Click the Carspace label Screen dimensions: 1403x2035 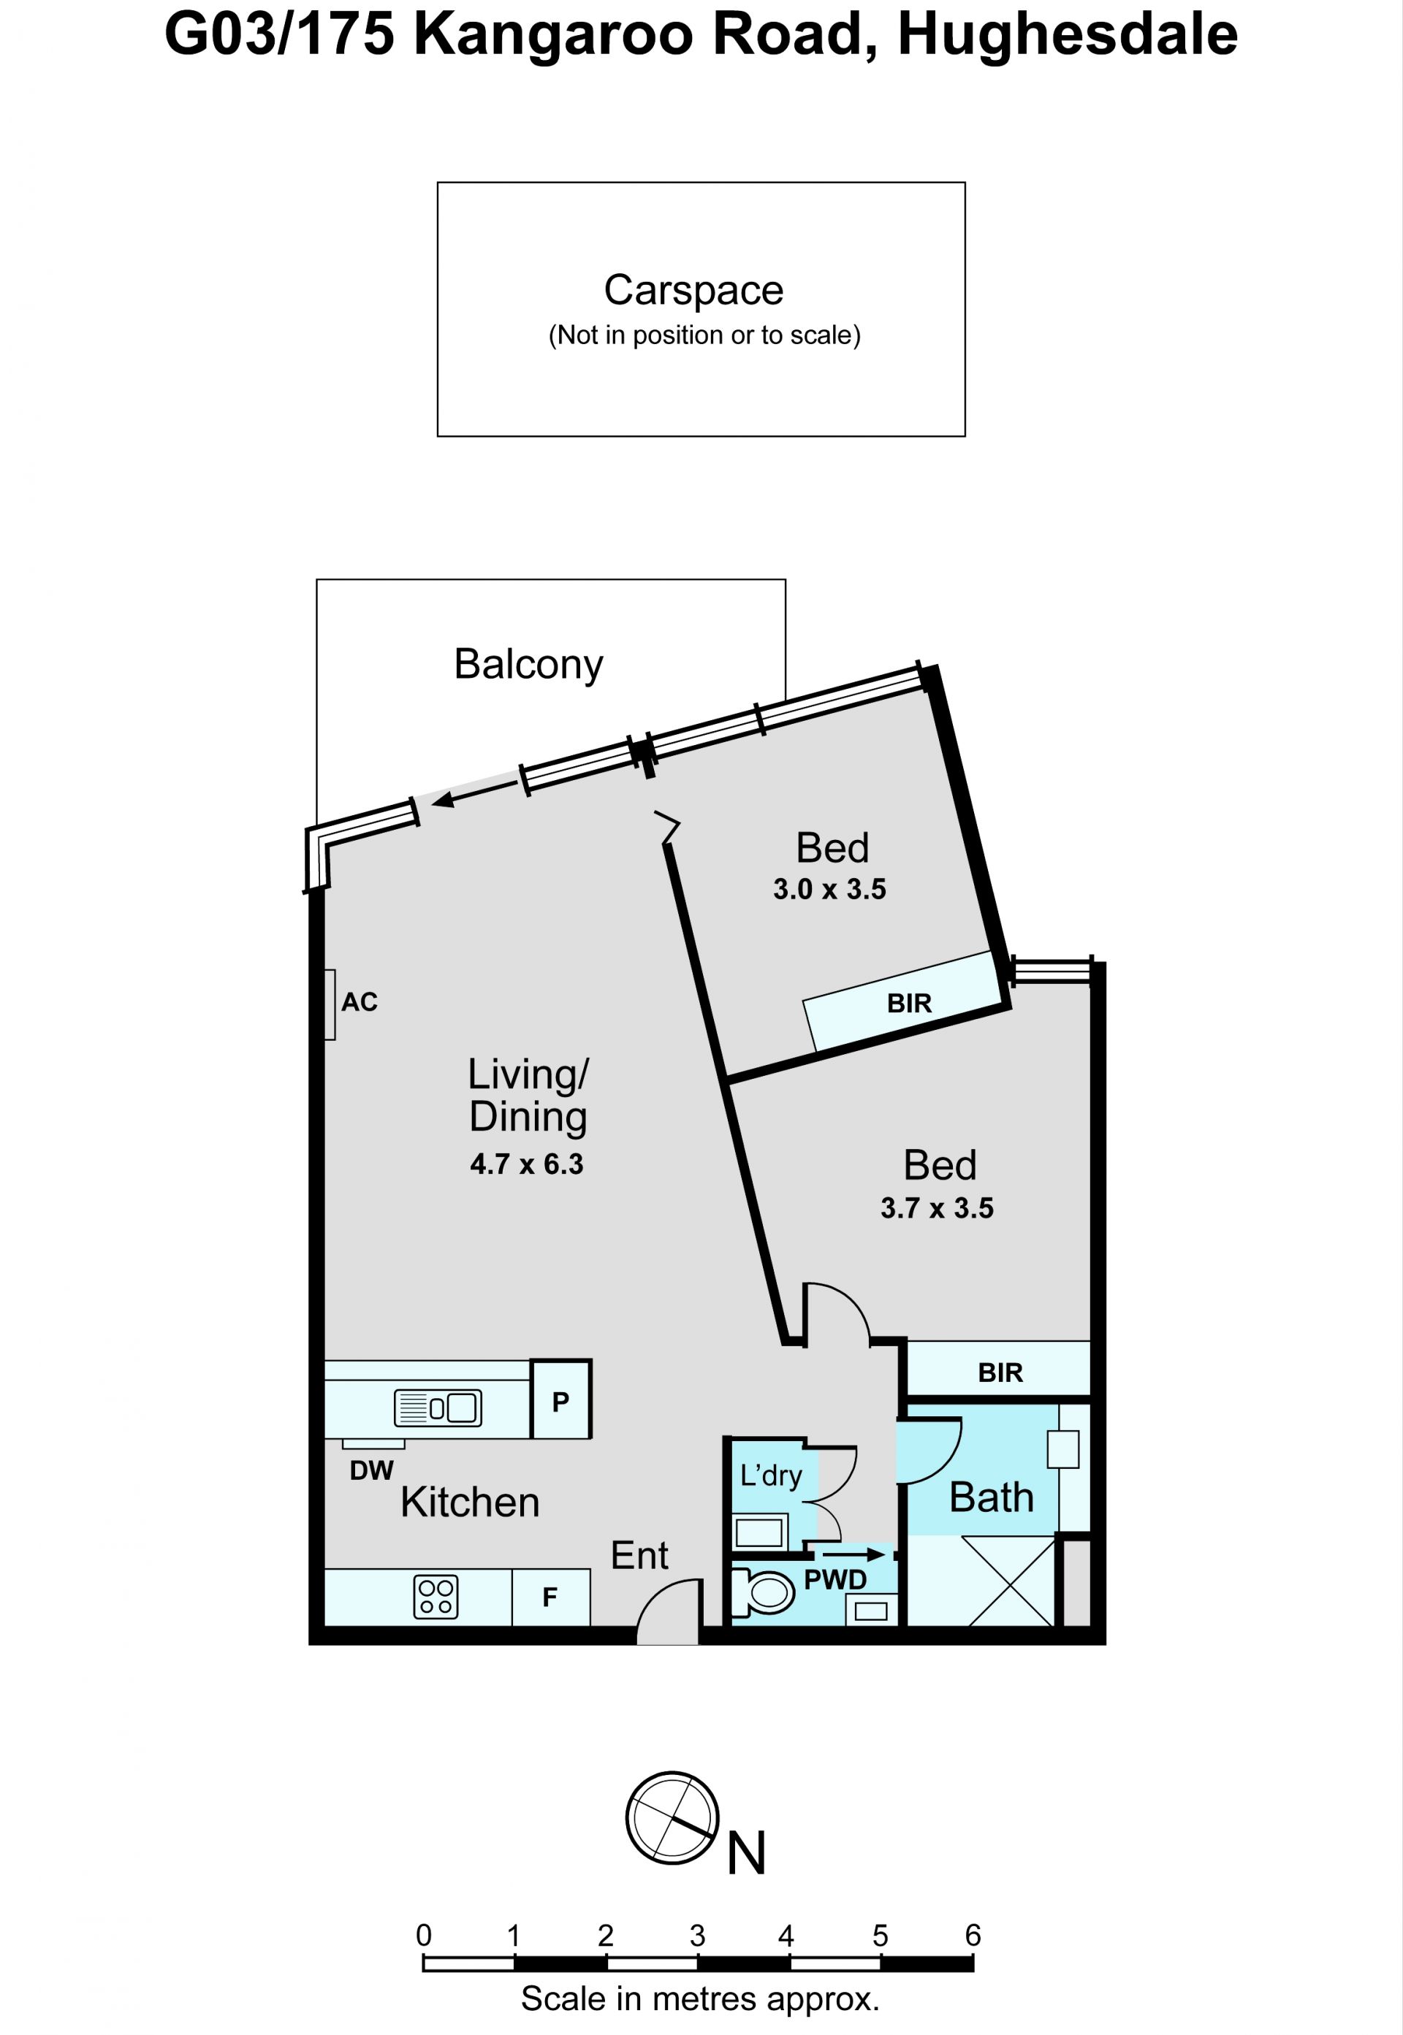(x=693, y=291)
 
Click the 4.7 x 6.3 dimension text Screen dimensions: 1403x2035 (x=527, y=1164)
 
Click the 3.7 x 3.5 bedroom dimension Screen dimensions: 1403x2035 (x=937, y=1208)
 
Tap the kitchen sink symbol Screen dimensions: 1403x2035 (x=438, y=1408)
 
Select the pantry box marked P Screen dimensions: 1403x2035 (x=561, y=1400)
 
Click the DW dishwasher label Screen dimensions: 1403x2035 (x=372, y=1471)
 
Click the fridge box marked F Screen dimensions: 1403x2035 (x=550, y=1597)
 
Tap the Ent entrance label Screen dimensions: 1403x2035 (x=640, y=1556)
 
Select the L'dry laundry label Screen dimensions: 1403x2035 (x=771, y=1475)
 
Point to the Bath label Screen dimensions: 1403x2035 (x=992, y=1498)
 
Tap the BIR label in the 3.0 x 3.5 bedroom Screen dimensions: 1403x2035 (x=909, y=1004)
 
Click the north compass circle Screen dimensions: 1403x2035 (x=672, y=1818)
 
